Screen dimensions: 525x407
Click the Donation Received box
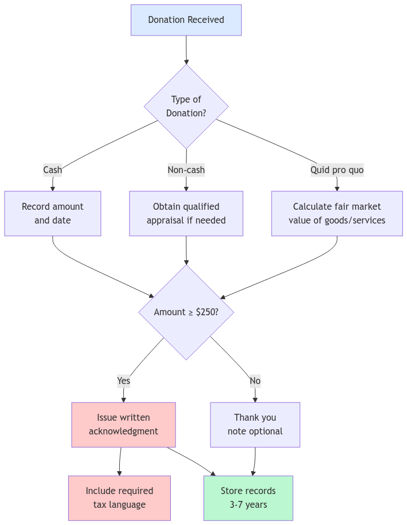coord(186,20)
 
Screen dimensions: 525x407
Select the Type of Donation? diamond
coord(186,106)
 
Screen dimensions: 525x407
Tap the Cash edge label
coord(53,170)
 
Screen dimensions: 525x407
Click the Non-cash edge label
coord(186,170)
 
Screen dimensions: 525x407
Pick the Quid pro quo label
coord(336,170)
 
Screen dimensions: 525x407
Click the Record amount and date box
coord(53,213)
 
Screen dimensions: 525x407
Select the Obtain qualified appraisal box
coord(186,213)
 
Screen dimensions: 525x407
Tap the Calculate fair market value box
coord(336,213)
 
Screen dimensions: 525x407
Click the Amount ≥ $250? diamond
coord(186,312)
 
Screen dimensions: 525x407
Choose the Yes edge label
coord(123,381)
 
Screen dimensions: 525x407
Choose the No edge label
coord(255,381)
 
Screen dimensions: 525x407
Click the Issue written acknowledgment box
coord(123,424)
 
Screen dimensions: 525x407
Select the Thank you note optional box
coord(255,424)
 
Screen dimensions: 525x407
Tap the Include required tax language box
coord(119,497)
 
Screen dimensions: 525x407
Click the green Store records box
coord(248,497)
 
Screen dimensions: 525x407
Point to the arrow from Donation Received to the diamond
coord(186,50)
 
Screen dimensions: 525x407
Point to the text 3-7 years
coord(248,505)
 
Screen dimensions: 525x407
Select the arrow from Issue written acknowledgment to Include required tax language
coord(120,461)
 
